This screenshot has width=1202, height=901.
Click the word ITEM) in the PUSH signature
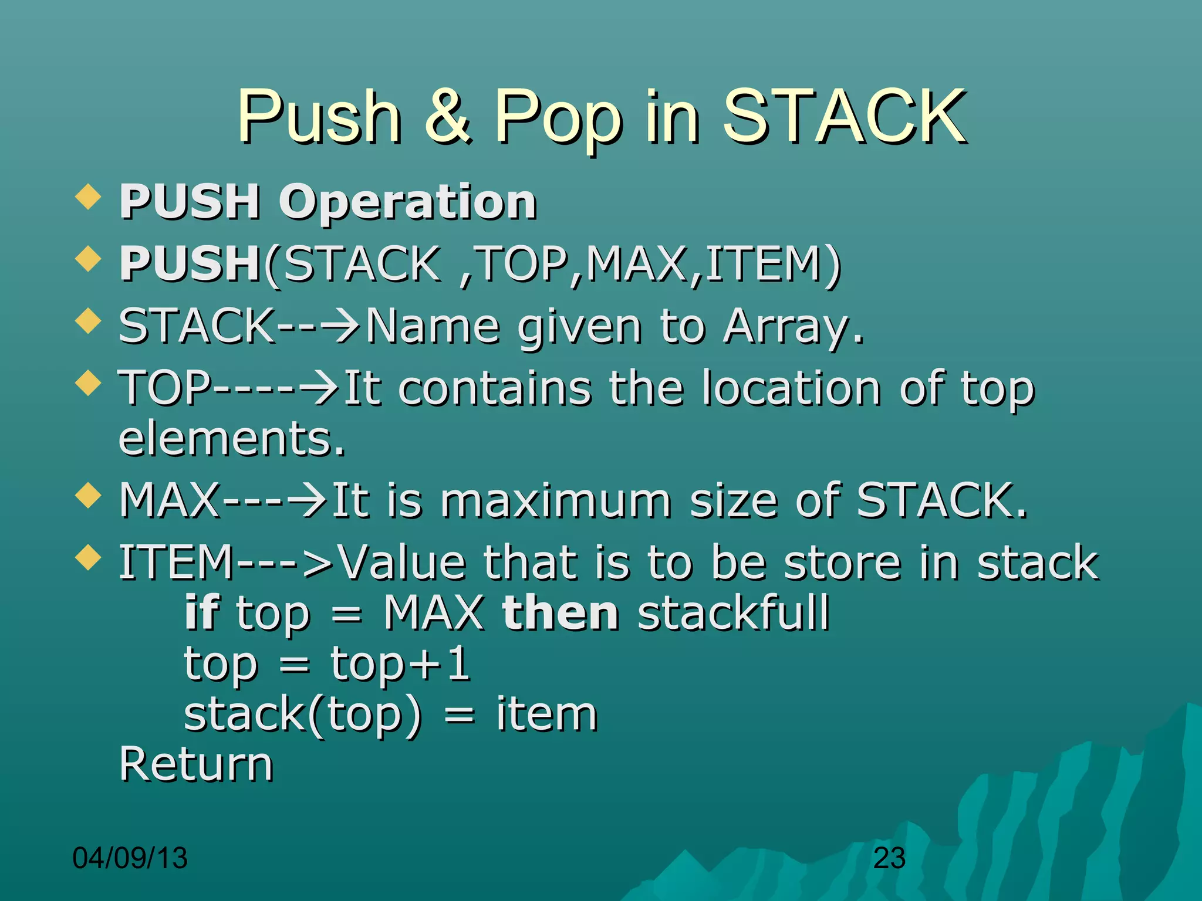click(x=774, y=263)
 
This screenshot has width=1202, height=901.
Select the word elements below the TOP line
click(x=231, y=439)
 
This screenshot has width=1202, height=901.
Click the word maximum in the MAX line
click(x=555, y=501)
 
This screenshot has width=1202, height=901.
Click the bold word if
click(x=201, y=613)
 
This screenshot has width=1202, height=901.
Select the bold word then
click(x=561, y=613)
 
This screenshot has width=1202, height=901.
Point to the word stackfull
click(x=734, y=613)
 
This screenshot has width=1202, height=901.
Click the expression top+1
click(x=400, y=664)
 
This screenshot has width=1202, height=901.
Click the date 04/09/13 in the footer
click(x=130, y=858)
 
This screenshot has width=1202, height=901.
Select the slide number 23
click(x=889, y=858)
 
